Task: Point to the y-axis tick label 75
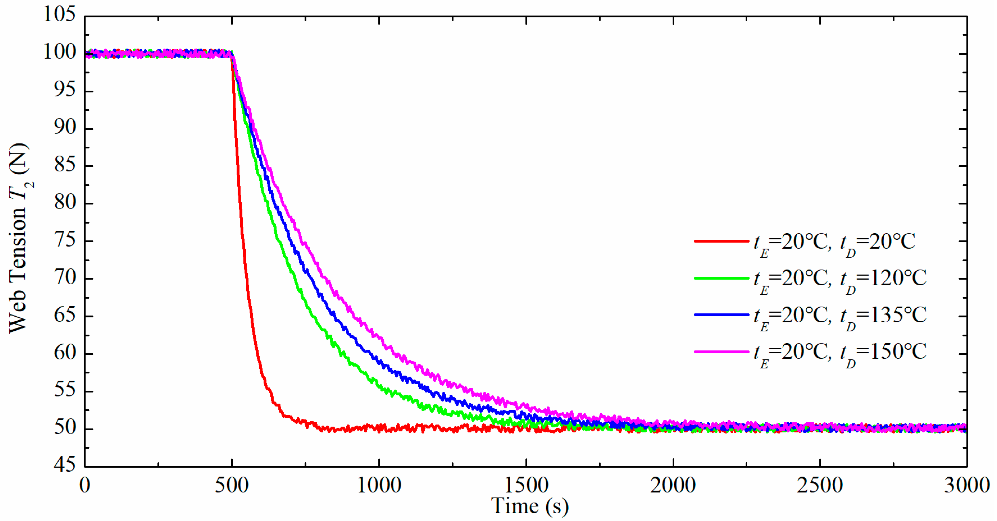tap(65, 241)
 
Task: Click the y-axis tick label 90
tap(65, 128)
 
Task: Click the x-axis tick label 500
tap(232, 485)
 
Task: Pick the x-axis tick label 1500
tap(526, 485)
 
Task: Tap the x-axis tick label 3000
tap(967, 485)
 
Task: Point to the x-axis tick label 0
tap(85, 485)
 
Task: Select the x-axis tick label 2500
tap(820, 485)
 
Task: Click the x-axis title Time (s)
tap(530, 506)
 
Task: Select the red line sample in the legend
tap(721, 241)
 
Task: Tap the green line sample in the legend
tap(721, 278)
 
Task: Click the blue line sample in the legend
tap(721, 314)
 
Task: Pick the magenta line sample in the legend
tap(721, 351)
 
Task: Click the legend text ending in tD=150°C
tap(840, 353)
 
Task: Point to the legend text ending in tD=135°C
tap(840, 316)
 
